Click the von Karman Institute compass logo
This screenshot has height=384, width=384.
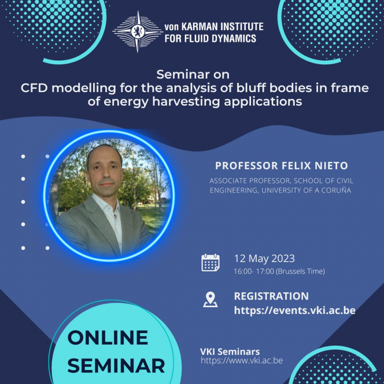coord(138,31)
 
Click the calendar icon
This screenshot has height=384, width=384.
coord(210,263)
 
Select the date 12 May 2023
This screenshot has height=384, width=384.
coord(264,259)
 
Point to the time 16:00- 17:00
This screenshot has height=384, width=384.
coord(254,271)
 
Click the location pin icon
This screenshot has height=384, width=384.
coord(210,300)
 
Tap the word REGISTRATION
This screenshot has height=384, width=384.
coord(271,296)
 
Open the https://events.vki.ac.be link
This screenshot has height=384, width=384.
coord(295,310)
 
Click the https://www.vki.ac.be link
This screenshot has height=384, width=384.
coord(242,360)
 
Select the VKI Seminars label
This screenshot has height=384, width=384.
coord(230,352)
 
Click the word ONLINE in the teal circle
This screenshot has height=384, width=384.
coord(108,337)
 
